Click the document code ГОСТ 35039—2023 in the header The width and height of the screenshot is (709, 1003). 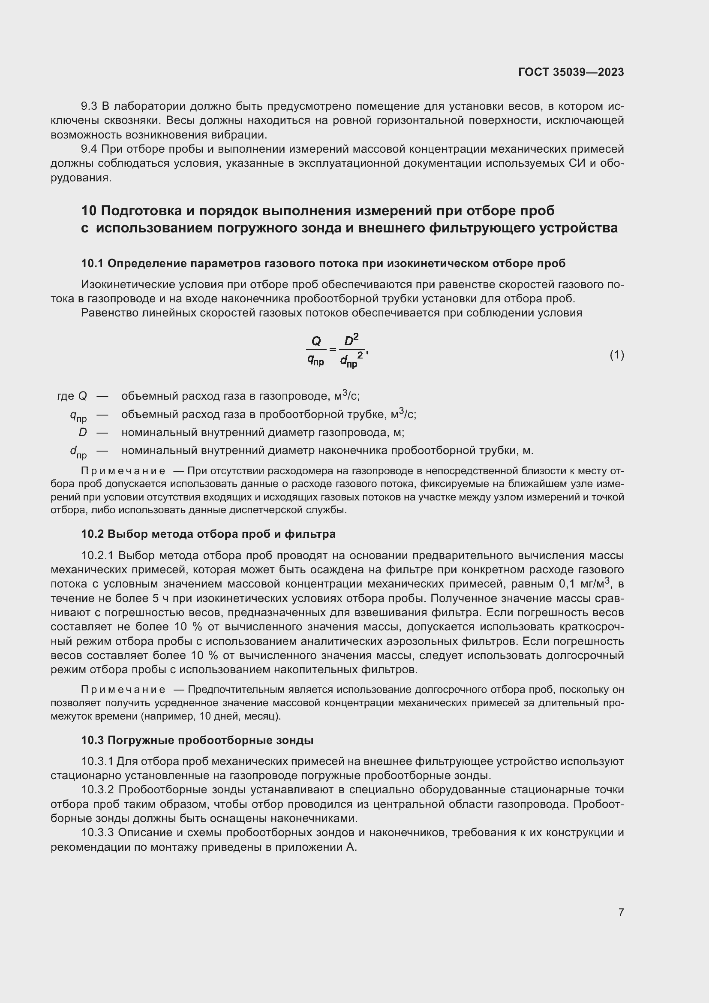pos(571,72)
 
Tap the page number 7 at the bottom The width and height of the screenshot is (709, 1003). pos(621,912)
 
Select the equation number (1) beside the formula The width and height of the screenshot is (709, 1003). pos(617,355)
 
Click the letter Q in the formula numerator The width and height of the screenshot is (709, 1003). pos(315,341)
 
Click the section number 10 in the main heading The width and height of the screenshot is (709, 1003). pos(89,211)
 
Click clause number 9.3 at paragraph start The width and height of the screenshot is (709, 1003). pos(90,106)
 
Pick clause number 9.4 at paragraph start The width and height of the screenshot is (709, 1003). pos(90,149)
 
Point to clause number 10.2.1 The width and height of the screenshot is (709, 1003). pos(97,556)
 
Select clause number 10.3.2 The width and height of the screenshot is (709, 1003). pos(97,790)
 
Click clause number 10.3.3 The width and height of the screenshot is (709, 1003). pos(97,833)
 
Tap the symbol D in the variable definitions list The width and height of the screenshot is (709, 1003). pos(82,433)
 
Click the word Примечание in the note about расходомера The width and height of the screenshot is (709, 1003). pos(123,471)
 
